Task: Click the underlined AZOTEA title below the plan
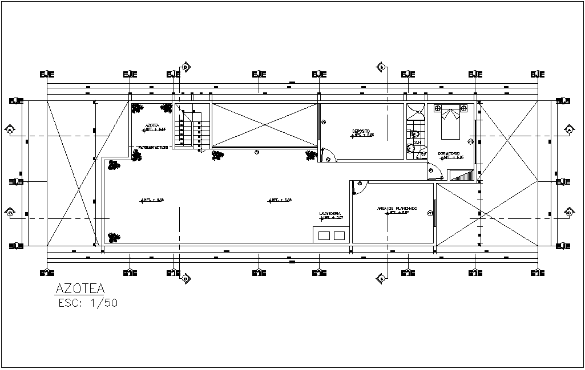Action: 80,288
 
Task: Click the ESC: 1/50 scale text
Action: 88,303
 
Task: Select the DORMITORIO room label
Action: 449,153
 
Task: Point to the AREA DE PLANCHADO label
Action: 397,209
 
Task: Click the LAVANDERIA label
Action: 330,214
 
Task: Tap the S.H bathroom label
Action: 417,143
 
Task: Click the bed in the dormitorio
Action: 450,123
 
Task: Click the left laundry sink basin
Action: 324,235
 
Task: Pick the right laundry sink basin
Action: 339,235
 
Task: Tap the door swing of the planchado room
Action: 360,188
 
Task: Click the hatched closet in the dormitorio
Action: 462,176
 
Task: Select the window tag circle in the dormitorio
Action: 471,141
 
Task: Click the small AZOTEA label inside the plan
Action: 152,125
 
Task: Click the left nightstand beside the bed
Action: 438,108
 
